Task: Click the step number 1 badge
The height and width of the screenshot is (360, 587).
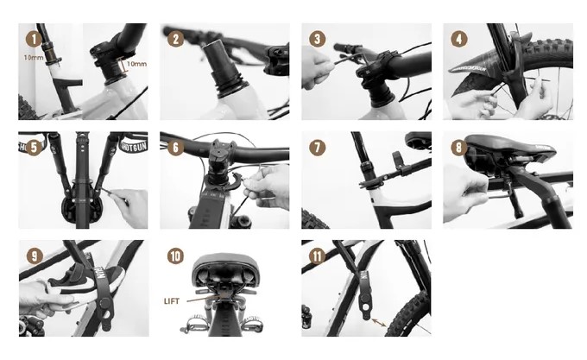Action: tap(34, 40)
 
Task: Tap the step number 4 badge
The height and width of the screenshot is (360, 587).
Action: tap(459, 39)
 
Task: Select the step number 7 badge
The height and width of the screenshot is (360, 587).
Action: tap(317, 148)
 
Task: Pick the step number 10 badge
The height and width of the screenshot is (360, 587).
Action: tap(175, 256)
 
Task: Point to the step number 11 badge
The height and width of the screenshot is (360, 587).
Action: tap(317, 256)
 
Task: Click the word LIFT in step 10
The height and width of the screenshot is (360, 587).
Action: tap(172, 301)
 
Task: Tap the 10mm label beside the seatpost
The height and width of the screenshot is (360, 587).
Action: tap(34, 58)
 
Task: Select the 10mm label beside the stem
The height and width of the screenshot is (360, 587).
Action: tap(136, 64)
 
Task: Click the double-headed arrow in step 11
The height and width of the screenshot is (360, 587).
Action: tap(379, 322)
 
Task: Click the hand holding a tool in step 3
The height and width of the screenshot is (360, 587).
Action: tap(318, 67)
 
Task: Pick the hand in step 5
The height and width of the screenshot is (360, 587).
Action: tap(129, 208)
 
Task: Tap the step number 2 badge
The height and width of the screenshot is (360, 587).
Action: tap(175, 39)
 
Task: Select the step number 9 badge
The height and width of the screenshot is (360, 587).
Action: tap(34, 256)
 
